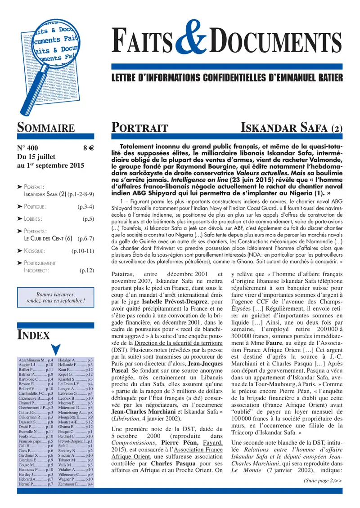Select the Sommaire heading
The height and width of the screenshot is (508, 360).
tap(46, 127)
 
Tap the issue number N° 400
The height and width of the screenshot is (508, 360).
tap(28, 147)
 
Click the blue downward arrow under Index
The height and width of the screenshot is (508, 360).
tap(56, 349)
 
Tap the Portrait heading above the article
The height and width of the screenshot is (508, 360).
tap(139, 128)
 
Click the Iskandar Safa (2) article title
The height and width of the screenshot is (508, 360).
tap(292, 128)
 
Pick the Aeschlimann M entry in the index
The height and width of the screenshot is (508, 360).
tap(36, 361)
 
